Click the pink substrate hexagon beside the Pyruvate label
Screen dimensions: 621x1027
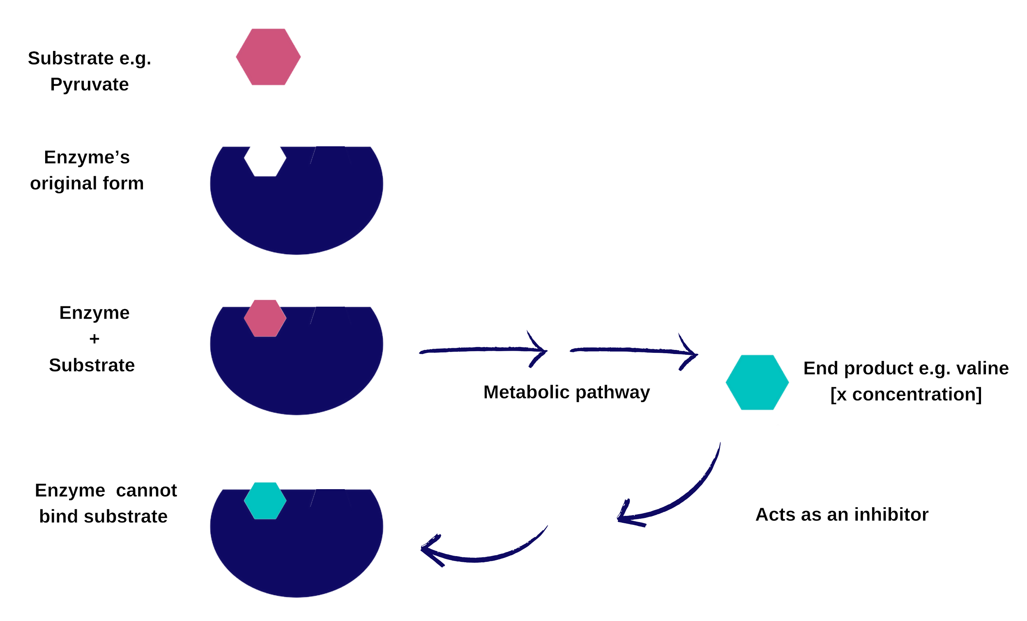click(268, 56)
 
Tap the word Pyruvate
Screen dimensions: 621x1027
click(90, 85)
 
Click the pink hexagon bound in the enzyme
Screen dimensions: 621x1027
click(265, 318)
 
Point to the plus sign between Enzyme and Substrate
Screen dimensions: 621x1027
click(94, 338)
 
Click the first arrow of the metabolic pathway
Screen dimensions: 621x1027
click(484, 350)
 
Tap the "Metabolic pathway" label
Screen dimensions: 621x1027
click(566, 393)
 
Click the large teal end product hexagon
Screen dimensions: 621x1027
click(757, 383)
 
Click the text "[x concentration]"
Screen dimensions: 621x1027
click(906, 394)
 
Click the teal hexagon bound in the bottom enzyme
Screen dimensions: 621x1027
click(265, 500)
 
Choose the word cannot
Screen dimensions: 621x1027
click(146, 490)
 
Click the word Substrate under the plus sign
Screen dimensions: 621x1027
click(92, 366)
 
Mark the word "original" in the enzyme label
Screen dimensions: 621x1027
click(63, 183)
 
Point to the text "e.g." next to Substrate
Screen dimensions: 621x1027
click(135, 58)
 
